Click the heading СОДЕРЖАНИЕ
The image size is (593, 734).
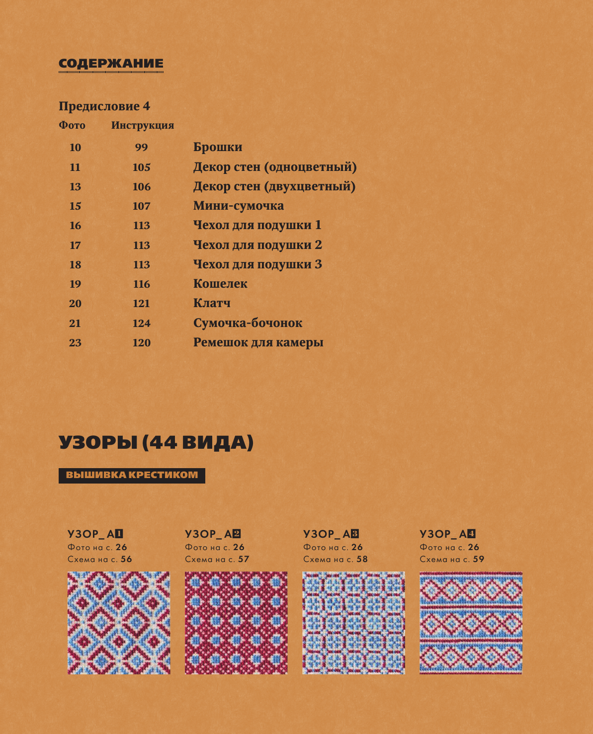coord(111,64)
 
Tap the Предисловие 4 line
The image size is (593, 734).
coord(104,106)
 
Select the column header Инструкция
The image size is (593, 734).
coord(143,125)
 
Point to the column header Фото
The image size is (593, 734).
coord(72,125)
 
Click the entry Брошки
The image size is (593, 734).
coord(218,147)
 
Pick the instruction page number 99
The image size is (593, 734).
coord(141,148)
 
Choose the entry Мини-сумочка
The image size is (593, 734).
coord(239,206)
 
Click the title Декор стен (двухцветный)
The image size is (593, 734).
coord(274,186)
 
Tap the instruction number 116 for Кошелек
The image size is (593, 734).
coord(141,284)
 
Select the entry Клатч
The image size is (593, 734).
coord(212,303)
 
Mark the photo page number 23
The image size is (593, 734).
coord(75,343)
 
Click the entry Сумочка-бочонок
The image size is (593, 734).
coord(248,323)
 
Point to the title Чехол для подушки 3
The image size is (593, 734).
coord(257,264)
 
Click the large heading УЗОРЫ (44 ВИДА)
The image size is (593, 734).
coord(156,443)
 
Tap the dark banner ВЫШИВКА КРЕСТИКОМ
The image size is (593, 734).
coord(132,475)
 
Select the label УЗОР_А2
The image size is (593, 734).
coord(213,534)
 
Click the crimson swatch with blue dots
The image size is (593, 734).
coord(236,623)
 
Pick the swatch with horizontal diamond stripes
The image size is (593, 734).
coord(471,623)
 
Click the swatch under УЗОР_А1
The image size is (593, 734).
coord(119,623)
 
